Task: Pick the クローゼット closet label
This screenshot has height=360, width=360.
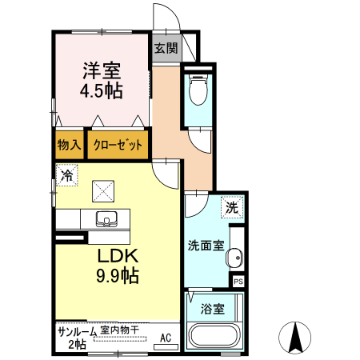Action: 118,145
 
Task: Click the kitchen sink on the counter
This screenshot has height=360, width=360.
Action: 106,218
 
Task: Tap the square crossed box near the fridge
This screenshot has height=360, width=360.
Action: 104,190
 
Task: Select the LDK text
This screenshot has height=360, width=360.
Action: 119,257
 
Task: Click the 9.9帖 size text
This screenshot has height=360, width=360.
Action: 119,277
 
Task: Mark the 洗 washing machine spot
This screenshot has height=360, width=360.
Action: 232,207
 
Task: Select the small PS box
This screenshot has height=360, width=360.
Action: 238,282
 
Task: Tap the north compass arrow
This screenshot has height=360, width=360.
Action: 298,337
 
